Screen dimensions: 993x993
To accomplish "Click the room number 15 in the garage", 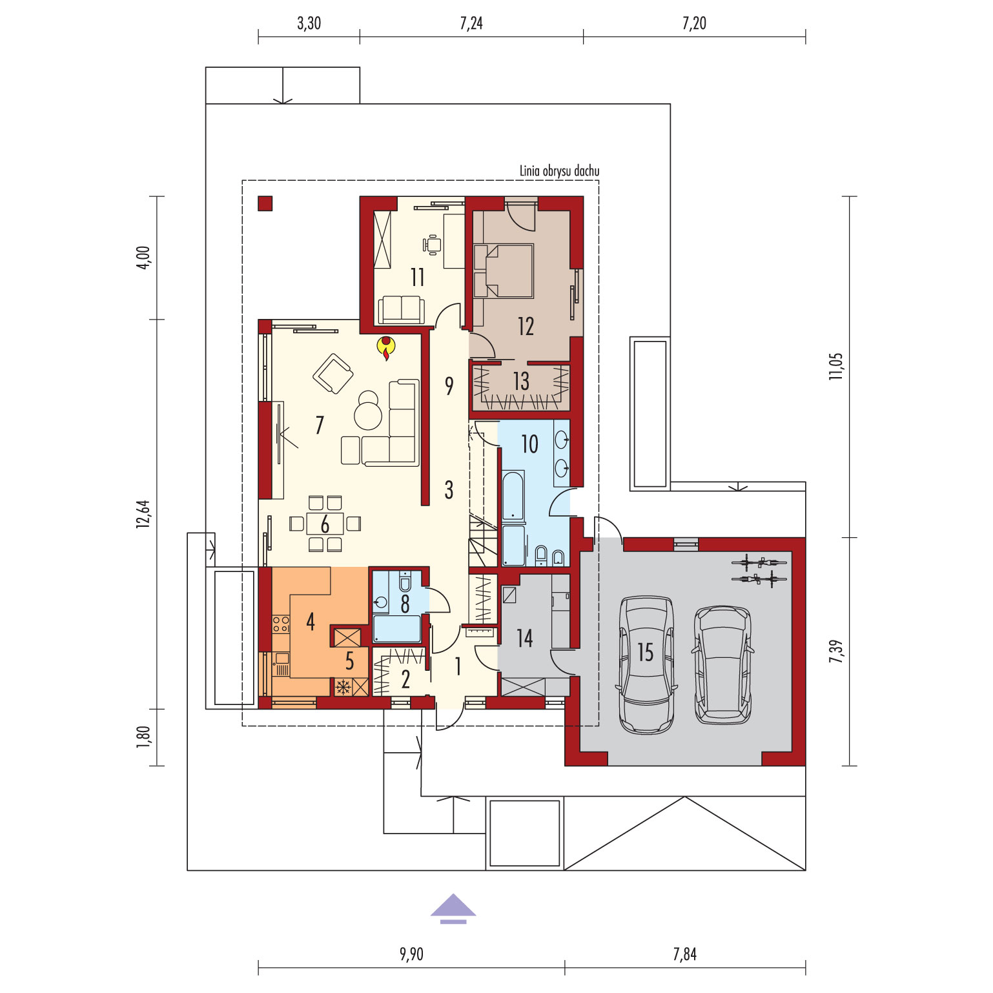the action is pyautogui.click(x=646, y=652).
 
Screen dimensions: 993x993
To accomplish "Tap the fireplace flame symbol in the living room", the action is pyautogui.click(x=386, y=347).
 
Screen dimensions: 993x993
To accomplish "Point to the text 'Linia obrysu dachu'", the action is pyautogui.click(x=560, y=171).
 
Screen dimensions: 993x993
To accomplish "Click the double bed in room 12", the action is pyautogui.click(x=504, y=271).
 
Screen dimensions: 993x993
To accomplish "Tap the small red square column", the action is pyautogui.click(x=265, y=203).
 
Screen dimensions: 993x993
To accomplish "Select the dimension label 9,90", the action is pyautogui.click(x=411, y=954).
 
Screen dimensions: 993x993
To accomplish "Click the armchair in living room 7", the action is pyautogui.click(x=333, y=373).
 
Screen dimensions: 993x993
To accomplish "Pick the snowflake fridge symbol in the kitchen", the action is pyautogui.click(x=343, y=687).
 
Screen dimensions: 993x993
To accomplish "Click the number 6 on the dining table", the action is pyautogui.click(x=325, y=524).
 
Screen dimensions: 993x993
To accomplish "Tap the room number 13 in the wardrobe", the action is pyautogui.click(x=521, y=381).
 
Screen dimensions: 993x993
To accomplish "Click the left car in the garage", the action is pyautogui.click(x=646, y=664).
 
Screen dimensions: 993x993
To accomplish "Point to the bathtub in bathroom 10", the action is pyautogui.click(x=513, y=495).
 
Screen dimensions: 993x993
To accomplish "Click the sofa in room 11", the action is pyautogui.click(x=401, y=309).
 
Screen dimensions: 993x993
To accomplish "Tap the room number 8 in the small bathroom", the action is pyautogui.click(x=405, y=604).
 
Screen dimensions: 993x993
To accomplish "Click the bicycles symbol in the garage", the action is pyautogui.click(x=759, y=569).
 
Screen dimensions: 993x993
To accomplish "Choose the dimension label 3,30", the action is pyautogui.click(x=309, y=23).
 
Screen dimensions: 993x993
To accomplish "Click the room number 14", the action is pyautogui.click(x=525, y=639).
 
